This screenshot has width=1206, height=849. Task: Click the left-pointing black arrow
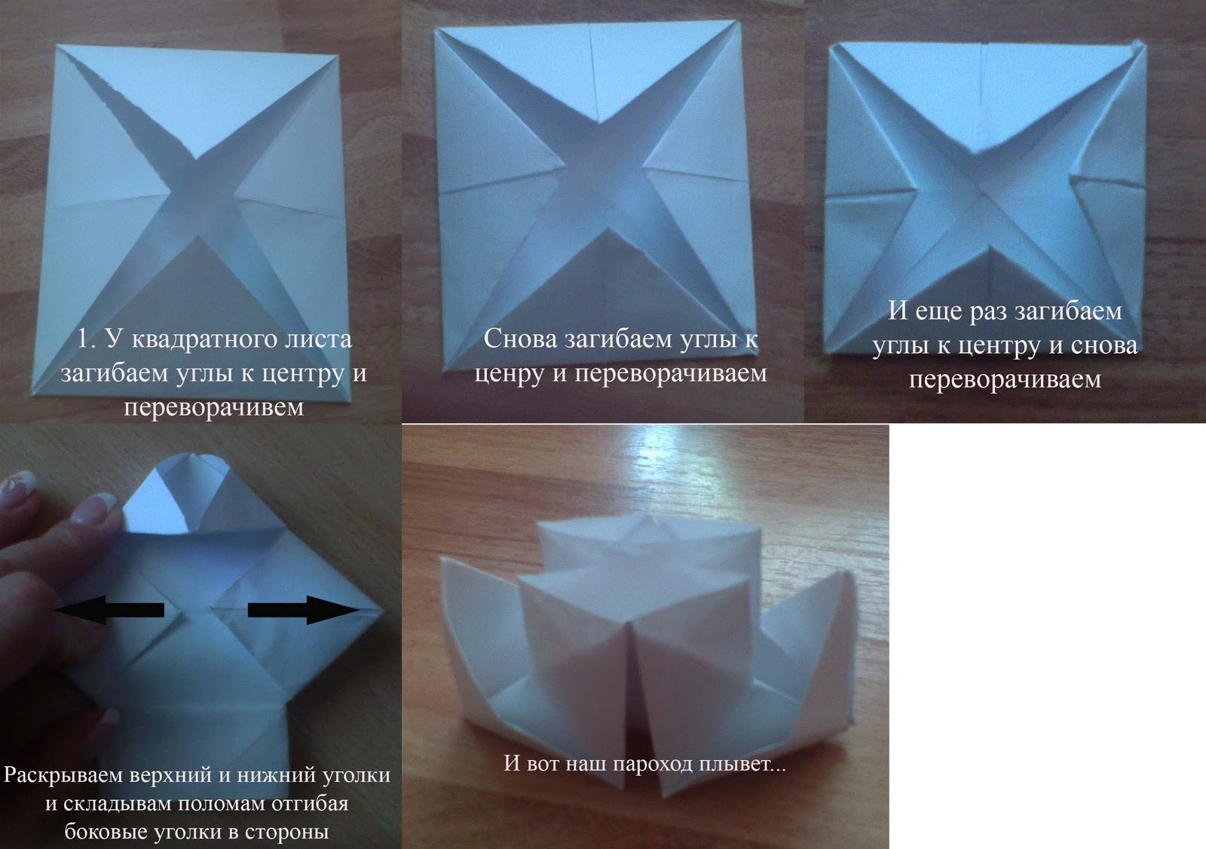tap(110, 609)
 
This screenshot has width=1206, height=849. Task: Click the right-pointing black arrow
tap(303, 610)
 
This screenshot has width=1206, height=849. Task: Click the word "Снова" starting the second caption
tap(520, 339)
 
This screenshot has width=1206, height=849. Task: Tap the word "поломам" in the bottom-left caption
tap(222, 804)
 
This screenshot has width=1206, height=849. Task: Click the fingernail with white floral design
tap(18, 483)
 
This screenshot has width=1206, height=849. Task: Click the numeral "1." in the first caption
tap(88, 339)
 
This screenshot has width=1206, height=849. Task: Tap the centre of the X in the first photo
tap(198, 198)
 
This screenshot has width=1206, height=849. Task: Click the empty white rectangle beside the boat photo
tap(1047, 636)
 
